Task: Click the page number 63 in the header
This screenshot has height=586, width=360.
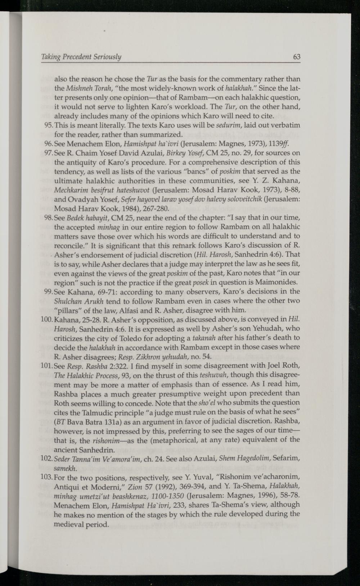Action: tap(297, 57)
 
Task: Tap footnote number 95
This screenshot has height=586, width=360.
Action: tap(59, 125)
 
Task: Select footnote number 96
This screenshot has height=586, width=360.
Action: tap(59, 143)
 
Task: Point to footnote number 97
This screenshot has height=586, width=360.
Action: tap(59, 153)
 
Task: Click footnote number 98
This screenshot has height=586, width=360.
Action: tap(59, 218)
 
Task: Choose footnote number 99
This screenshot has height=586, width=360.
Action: tap(59, 291)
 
